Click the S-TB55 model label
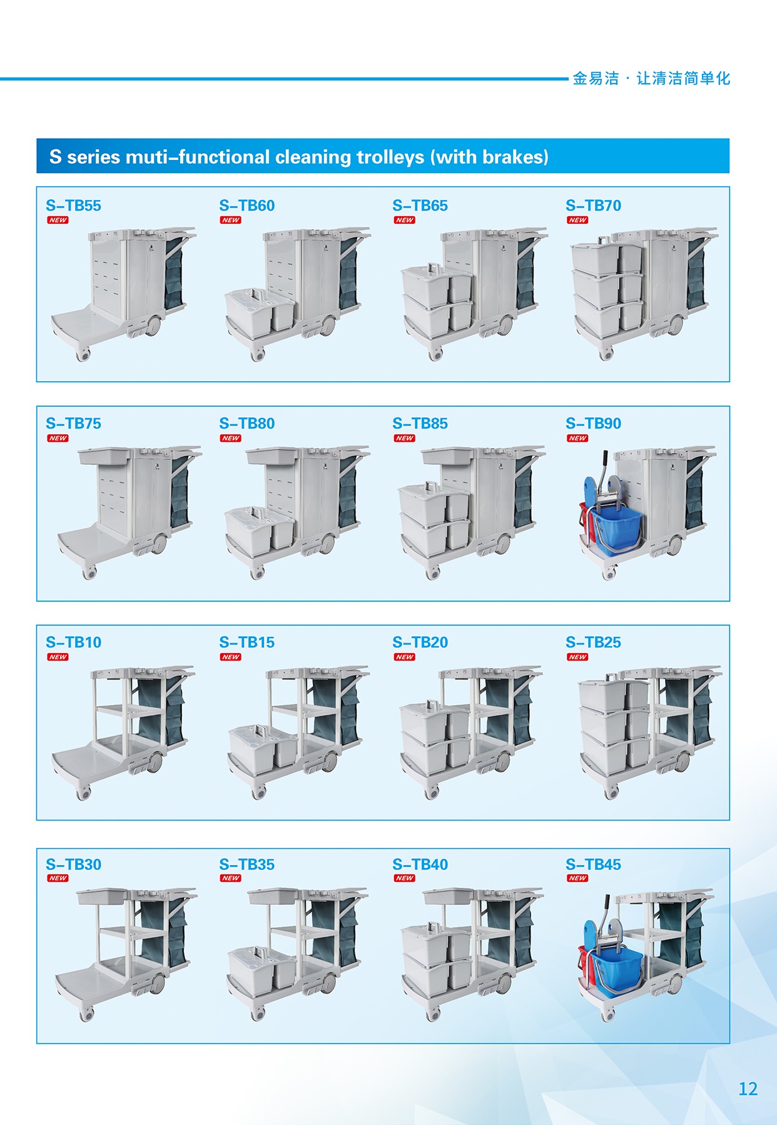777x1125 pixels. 73,206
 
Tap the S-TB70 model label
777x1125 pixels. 593,206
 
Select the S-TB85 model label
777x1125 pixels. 420,424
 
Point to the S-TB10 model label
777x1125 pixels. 73,642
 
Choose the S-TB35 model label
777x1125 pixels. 246,865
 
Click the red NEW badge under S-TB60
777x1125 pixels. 231,220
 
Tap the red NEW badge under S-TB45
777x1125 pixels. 577,878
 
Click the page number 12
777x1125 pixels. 748,1089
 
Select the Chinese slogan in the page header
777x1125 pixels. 651,78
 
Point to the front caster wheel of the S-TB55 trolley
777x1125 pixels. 83,355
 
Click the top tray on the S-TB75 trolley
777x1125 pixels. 104,456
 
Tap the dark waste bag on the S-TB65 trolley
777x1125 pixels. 526,273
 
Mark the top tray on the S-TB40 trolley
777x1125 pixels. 449,897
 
